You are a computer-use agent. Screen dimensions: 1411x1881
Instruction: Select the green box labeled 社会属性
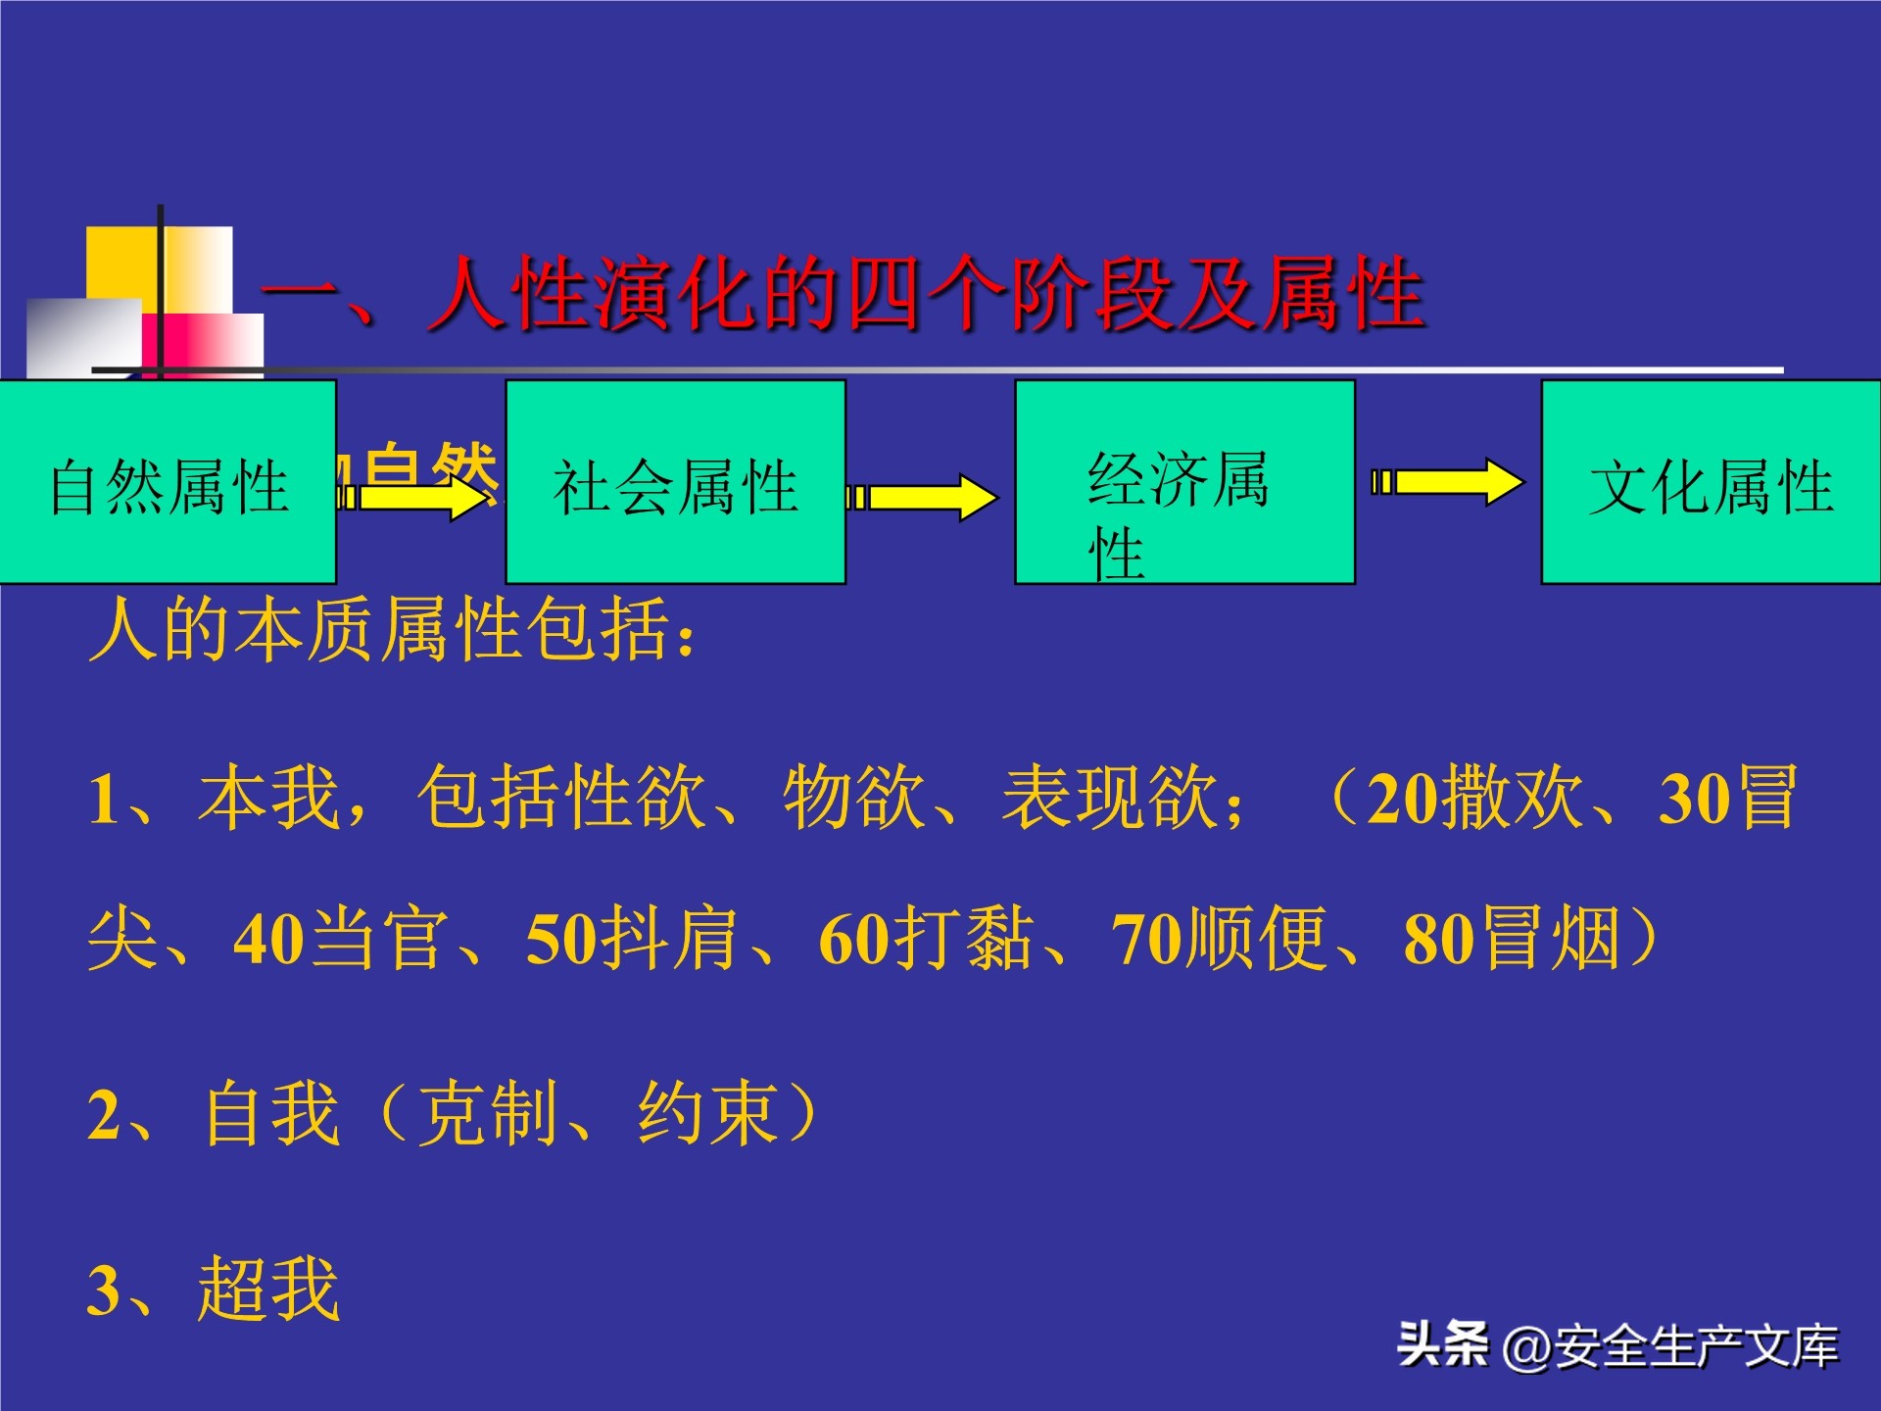(675, 482)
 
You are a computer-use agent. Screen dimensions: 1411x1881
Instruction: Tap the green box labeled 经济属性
(1184, 482)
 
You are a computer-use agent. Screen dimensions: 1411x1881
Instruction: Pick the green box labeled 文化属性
(1711, 482)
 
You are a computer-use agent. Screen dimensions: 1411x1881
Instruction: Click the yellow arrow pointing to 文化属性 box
(1449, 482)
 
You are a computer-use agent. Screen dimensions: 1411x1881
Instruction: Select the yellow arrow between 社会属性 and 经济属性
(923, 498)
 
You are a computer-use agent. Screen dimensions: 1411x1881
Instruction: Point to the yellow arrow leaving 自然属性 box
(416, 498)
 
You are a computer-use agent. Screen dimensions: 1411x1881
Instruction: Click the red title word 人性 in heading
(509, 294)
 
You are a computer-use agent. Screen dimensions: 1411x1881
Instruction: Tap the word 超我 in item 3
(268, 1289)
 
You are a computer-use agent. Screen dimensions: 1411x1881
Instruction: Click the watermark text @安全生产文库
(1669, 1346)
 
